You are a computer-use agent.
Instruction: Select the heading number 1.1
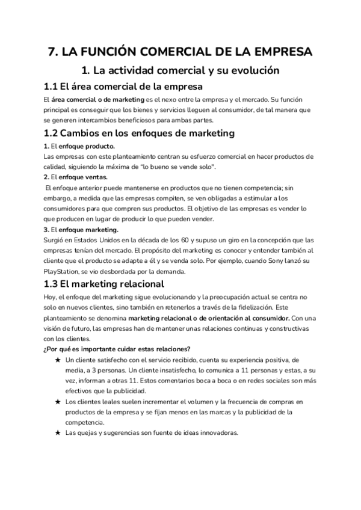tap(55, 87)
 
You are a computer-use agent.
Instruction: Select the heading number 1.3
tap(55, 284)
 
